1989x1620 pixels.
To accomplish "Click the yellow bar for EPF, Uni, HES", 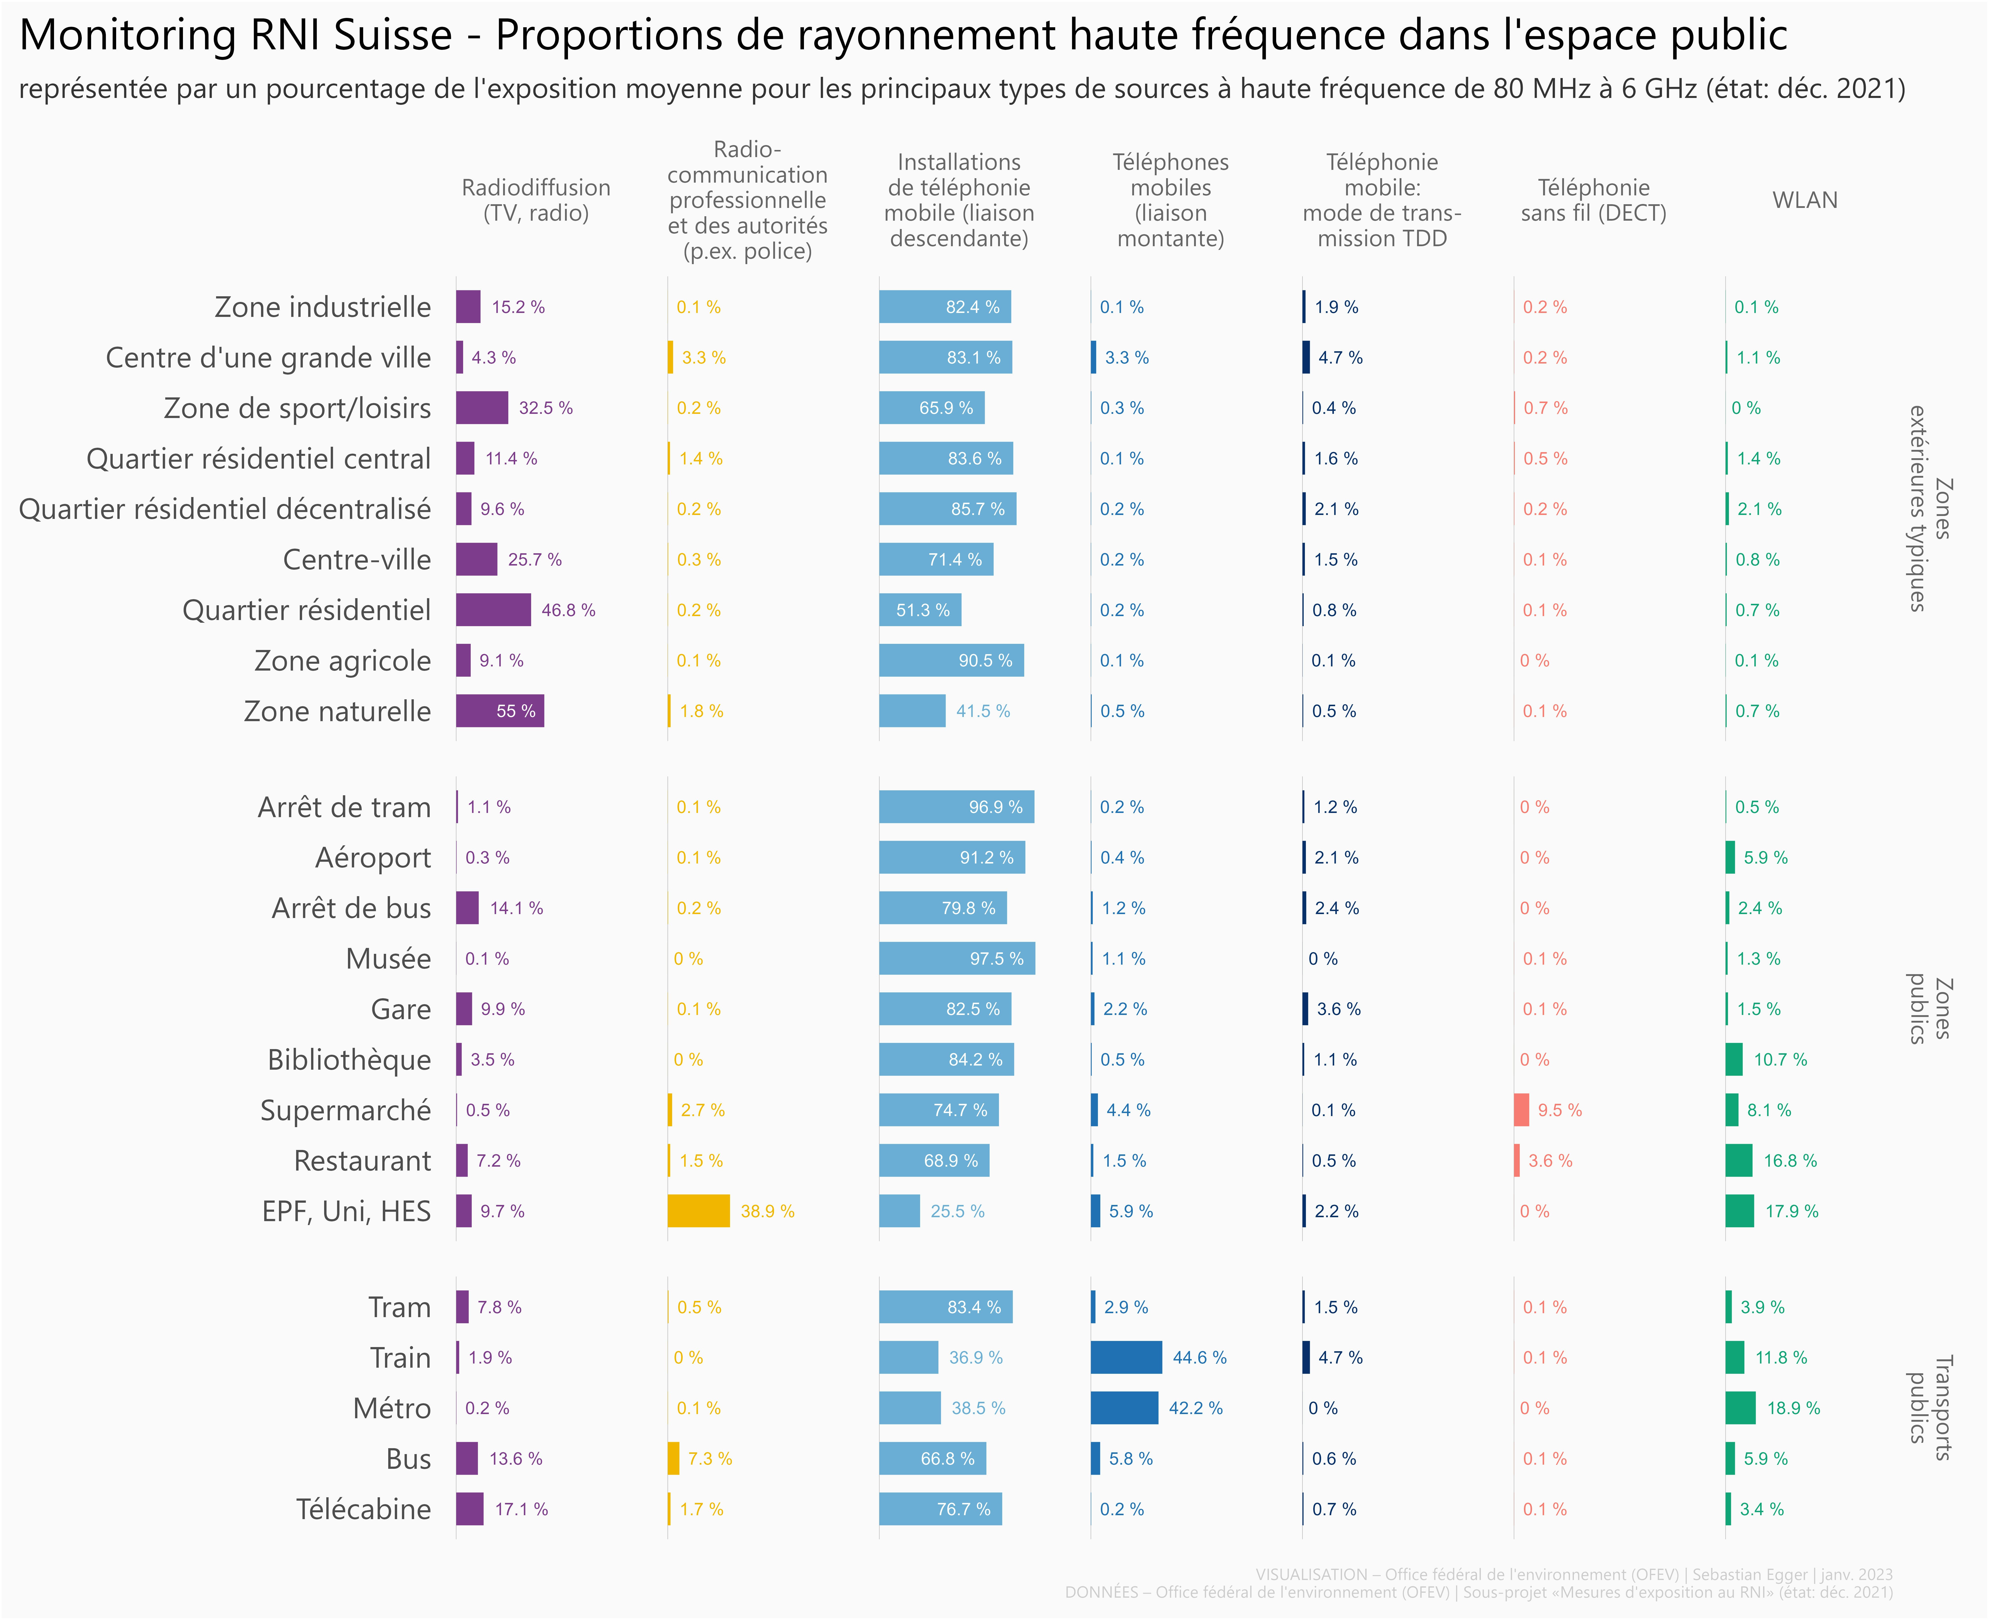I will [x=698, y=1211].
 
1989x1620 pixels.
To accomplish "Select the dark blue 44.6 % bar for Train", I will [x=1126, y=1358].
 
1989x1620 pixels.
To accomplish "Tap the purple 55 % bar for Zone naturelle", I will [x=499, y=711].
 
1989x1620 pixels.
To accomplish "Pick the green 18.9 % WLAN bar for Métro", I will [x=1741, y=1408].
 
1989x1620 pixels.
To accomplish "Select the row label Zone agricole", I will [x=343, y=661].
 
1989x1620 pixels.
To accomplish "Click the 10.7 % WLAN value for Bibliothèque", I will [x=1780, y=1060].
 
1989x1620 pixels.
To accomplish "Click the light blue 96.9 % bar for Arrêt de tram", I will [x=956, y=807].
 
